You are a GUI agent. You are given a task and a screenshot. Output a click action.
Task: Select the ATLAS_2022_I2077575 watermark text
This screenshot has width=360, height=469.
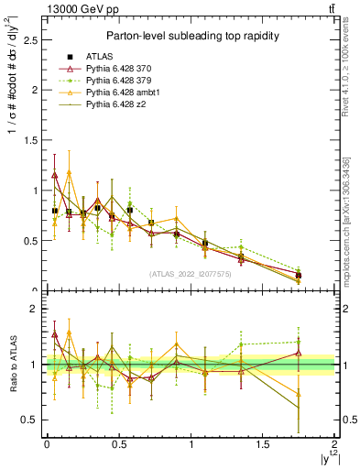pos(191,274)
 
